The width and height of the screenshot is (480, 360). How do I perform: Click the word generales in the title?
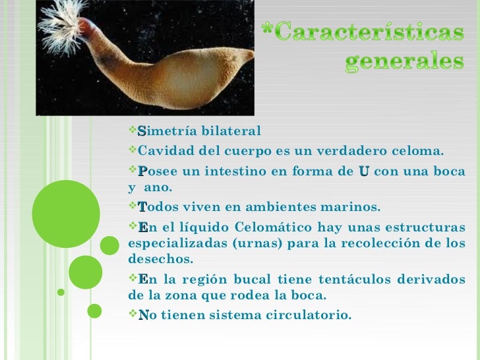click(404, 62)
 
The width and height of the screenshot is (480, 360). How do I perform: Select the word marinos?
click(352, 207)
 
